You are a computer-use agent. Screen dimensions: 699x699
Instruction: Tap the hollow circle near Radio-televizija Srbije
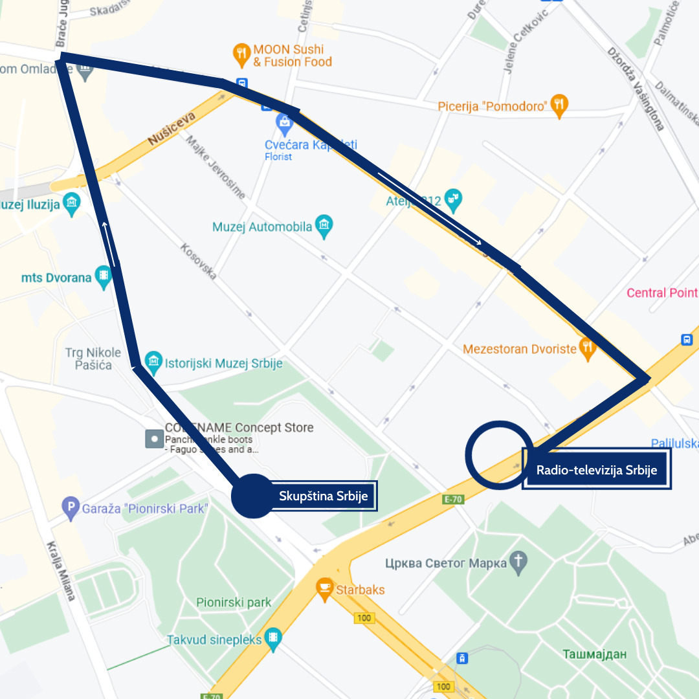(498, 454)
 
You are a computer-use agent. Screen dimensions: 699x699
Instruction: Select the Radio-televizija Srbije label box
(596, 470)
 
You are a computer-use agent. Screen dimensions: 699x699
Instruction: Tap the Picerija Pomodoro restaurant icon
(559, 106)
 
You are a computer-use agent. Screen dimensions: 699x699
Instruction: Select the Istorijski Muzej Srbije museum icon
(153, 363)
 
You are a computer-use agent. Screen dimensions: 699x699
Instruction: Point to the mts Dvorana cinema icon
(103, 278)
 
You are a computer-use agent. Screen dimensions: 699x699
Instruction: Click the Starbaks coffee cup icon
(324, 590)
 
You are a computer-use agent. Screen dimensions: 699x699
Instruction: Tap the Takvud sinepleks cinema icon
(274, 639)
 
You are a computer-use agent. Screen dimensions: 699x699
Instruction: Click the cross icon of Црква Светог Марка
(518, 563)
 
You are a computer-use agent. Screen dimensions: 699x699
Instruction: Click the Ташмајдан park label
(594, 654)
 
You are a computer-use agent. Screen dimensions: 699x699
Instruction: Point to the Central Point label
(661, 293)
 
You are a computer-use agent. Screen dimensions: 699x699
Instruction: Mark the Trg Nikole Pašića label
(93, 359)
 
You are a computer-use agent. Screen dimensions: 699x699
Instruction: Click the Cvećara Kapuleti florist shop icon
(284, 122)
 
